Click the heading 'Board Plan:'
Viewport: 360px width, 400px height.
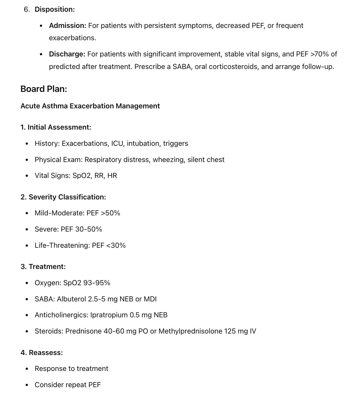(x=44, y=89)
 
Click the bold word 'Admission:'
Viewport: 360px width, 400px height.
(x=68, y=26)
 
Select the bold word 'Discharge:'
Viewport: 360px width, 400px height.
(x=67, y=54)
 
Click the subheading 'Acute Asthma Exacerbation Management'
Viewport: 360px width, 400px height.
(x=90, y=106)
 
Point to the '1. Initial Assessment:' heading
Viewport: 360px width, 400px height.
(x=56, y=127)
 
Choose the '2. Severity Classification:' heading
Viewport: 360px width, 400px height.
(x=63, y=197)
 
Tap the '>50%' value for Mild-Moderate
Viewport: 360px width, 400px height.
(x=111, y=213)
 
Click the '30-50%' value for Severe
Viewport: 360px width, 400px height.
(x=88, y=229)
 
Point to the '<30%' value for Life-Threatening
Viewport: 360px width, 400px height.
(x=116, y=246)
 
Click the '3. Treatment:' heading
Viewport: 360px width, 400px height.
(x=43, y=267)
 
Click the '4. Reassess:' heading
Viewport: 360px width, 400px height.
(x=42, y=353)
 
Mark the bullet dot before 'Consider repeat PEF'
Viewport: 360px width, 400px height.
(x=27, y=385)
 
